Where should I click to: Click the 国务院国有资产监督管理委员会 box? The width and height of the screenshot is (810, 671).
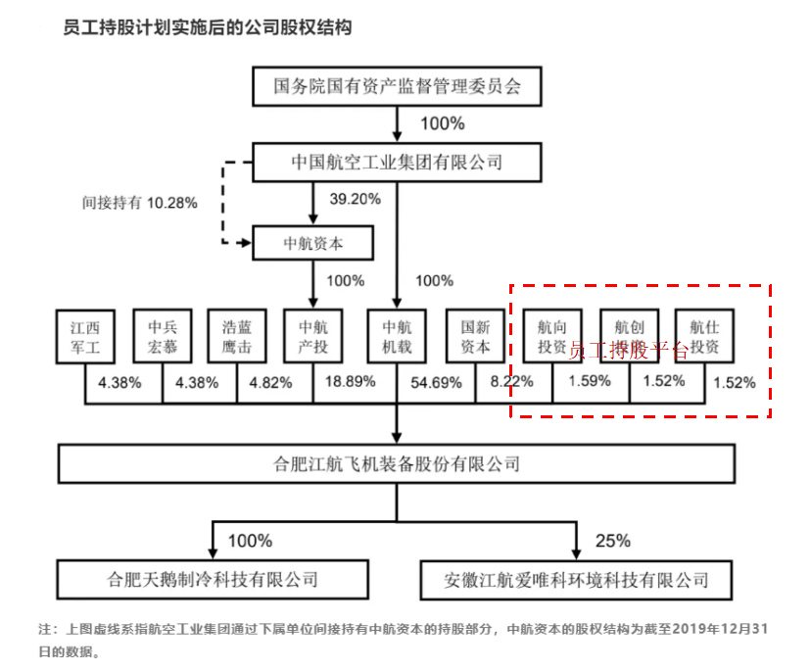point(396,86)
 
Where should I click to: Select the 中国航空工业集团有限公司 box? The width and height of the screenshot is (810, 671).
point(396,162)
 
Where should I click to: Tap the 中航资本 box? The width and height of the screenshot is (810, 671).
point(312,242)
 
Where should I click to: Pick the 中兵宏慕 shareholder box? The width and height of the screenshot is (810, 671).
point(163,337)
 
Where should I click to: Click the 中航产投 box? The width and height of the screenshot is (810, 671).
point(312,337)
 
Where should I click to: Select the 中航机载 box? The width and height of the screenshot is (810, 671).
point(397,337)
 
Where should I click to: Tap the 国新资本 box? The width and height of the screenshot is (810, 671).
point(475,337)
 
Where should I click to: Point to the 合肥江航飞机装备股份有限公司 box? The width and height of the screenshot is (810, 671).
point(396,464)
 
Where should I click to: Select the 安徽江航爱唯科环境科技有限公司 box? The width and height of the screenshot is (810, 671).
point(577,579)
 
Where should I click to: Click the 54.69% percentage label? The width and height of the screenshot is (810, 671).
point(438,383)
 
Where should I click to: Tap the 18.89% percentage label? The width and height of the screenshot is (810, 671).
point(353,381)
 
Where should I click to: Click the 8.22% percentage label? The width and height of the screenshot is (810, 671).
point(512,381)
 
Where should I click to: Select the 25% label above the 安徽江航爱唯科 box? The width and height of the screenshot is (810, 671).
point(612,541)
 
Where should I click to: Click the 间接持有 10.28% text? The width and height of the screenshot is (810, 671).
point(140,204)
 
